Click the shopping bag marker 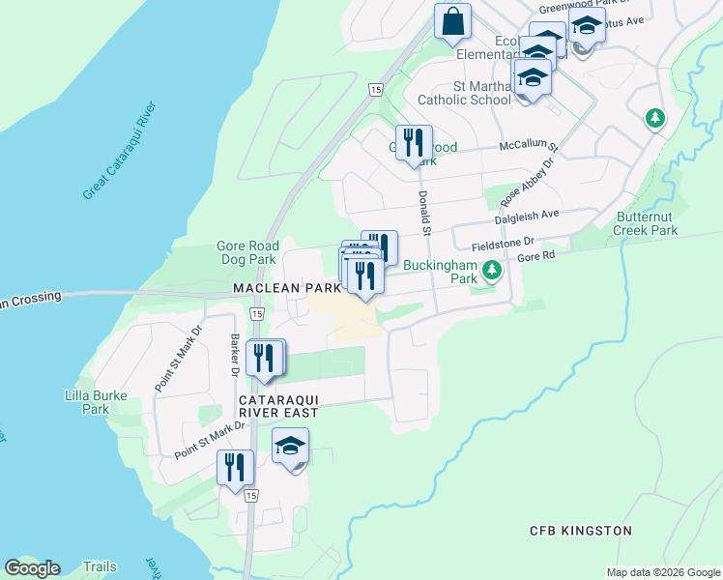[x=452, y=21]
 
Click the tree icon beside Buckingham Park [x=491, y=269]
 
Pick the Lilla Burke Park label [x=87, y=402]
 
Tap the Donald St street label [x=423, y=212]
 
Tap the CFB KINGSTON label [x=580, y=531]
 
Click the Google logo [x=32, y=567]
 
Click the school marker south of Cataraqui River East [x=290, y=448]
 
